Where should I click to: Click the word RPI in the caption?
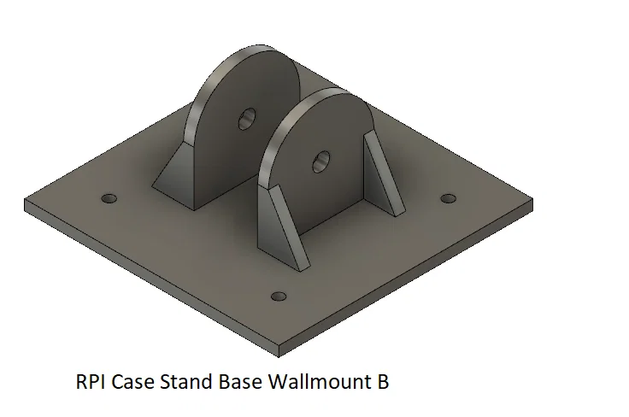click(x=91, y=381)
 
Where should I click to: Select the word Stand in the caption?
click(x=186, y=381)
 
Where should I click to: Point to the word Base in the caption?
click(x=240, y=381)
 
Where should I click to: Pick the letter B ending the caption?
click(x=383, y=381)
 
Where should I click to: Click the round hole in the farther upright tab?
click(x=247, y=119)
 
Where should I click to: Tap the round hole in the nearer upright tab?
click(x=321, y=162)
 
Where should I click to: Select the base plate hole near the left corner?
click(x=109, y=198)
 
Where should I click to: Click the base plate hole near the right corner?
click(x=449, y=198)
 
